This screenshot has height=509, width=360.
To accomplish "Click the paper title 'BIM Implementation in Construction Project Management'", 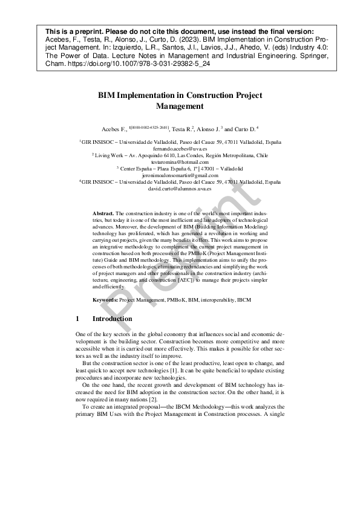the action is [x=180, y=100].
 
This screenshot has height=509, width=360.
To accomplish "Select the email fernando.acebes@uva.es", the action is [x=180, y=148].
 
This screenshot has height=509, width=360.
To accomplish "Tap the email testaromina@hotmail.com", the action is [x=180, y=161].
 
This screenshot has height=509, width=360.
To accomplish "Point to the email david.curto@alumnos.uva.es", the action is [x=180, y=189].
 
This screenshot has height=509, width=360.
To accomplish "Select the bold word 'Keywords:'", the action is [x=105, y=300].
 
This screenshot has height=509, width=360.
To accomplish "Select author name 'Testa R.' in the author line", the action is [x=182, y=129].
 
